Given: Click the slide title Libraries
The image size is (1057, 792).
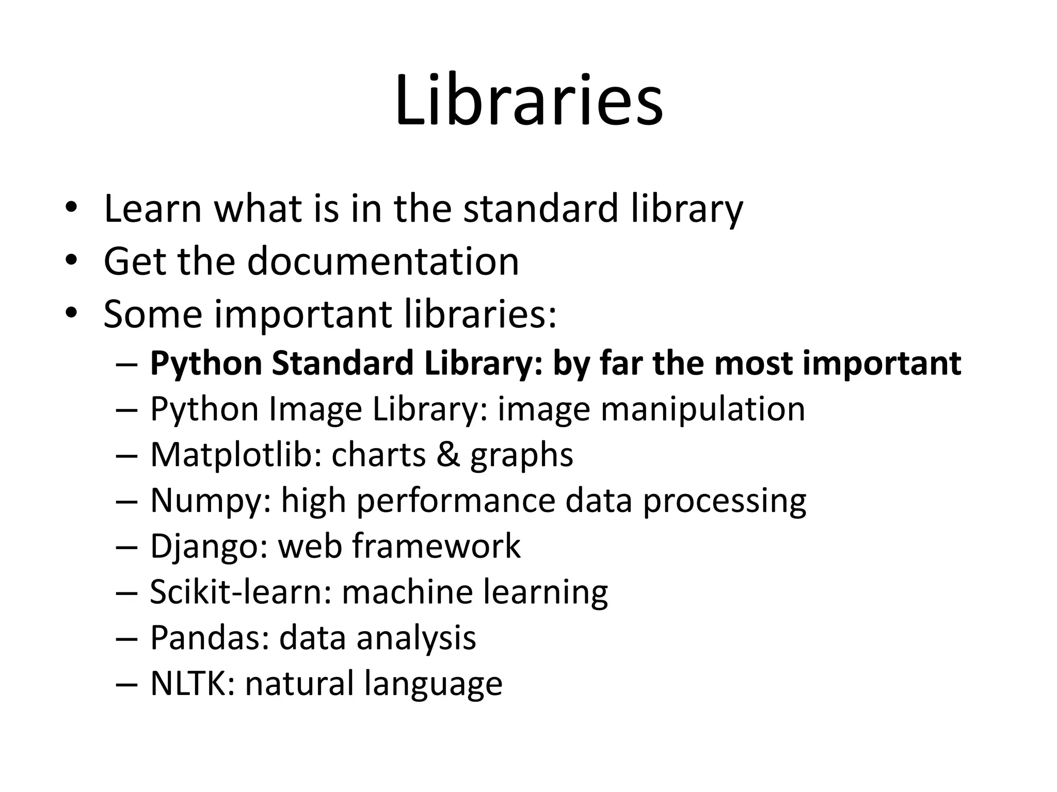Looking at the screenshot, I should [x=528, y=101].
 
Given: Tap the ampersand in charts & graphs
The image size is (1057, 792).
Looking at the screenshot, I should [x=448, y=455].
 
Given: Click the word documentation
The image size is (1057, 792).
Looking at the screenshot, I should [x=383, y=261].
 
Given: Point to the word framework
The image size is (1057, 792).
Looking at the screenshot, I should [x=436, y=547].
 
